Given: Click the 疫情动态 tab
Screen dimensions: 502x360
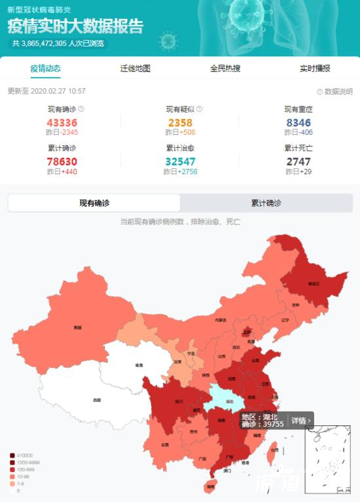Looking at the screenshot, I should [x=45, y=69].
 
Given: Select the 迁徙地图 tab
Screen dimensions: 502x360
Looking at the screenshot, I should [x=135, y=69].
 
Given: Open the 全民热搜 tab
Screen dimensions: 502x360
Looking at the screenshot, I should [x=225, y=69].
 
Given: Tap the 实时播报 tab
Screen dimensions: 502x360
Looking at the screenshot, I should [x=315, y=69].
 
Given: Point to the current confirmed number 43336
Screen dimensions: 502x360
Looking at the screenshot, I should [x=62, y=122].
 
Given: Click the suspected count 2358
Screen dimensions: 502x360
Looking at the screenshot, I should [x=180, y=122].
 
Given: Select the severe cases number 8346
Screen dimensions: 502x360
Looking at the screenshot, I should [x=298, y=122].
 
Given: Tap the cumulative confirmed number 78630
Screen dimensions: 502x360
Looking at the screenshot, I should [x=62, y=161].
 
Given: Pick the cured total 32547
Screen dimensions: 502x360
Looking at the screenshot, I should [x=180, y=161].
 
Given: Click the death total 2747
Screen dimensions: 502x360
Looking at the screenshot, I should [x=298, y=161].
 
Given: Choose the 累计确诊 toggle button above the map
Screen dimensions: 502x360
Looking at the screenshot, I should [x=266, y=204].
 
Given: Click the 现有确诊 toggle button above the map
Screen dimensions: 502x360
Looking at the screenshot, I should [x=94, y=204].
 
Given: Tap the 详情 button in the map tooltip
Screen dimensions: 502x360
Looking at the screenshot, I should [x=300, y=420].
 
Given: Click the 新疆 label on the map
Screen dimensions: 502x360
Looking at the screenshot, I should [x=78, y=327].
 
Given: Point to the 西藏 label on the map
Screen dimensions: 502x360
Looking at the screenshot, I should [x=97, y=399].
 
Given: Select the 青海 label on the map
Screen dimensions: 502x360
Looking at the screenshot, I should [x=139, y=365].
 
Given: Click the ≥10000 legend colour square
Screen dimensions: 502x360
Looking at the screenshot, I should [x=12, y=456].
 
